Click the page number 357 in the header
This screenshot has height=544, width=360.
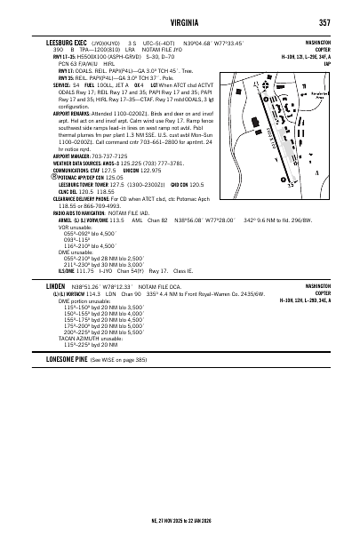pyautogui.click(x=325, y=22)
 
